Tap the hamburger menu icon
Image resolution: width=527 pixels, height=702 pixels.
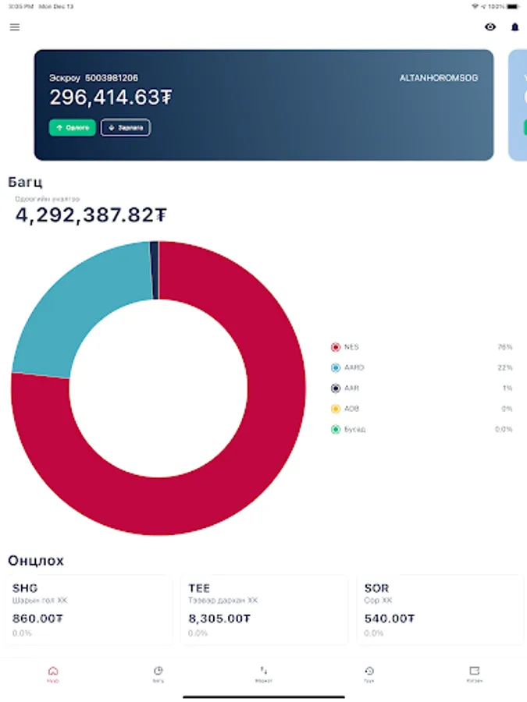[15, 27]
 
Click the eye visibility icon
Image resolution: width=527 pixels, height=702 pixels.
[490, 27]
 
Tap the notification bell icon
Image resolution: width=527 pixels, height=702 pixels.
[515, 27]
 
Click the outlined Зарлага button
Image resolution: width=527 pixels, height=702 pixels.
[126, 127]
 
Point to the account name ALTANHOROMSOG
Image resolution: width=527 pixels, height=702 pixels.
[437, 78]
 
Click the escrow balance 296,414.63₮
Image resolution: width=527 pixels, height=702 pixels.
[111, 97]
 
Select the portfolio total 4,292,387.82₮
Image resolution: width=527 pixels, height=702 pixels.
[91, 215]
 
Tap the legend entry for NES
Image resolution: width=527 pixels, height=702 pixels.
[351, 347]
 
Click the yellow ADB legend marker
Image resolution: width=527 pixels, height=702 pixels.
[336, 409]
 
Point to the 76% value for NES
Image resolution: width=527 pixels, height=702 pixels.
[504, 347]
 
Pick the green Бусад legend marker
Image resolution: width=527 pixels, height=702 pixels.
[336, 429]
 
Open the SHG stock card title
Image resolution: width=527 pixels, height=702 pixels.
[26, 588]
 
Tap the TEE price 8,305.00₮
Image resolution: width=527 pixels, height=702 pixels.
[219, 619]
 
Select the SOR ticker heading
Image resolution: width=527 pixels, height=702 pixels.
[376, 588]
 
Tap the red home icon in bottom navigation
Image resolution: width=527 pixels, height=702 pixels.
[52, 671]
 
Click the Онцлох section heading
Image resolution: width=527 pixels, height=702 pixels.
[36, 561]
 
